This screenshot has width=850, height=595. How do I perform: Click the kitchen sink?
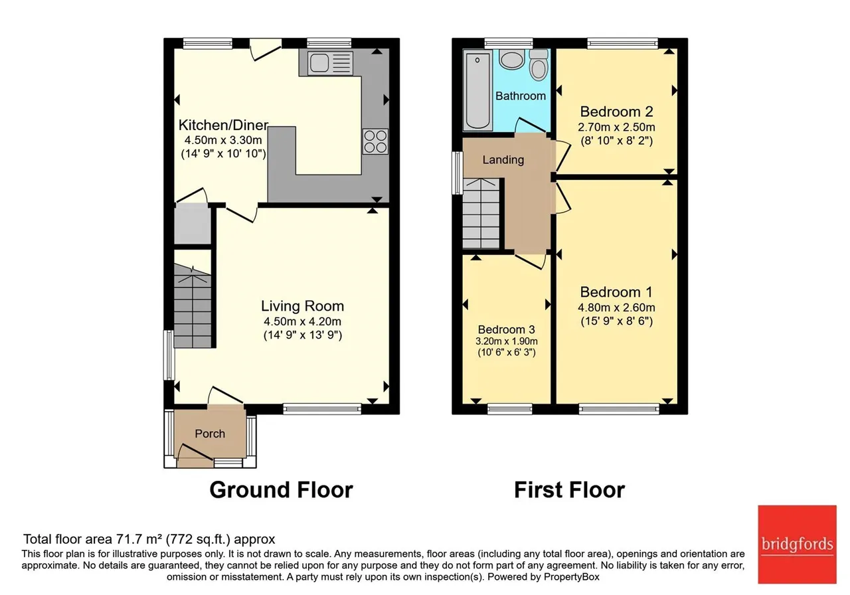point(331,62)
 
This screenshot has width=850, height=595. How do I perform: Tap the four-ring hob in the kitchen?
point(375,141)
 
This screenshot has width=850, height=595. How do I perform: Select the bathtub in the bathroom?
point(477,91)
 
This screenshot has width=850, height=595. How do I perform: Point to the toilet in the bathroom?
point(539,64)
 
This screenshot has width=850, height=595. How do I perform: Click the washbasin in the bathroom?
point(512,60)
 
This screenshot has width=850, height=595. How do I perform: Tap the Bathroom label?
point(521,96)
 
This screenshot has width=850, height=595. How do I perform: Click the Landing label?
point(503,160)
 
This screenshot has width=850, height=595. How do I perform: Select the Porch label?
point(210,434)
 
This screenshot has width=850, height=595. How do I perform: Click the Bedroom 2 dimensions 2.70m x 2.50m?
point(617,127)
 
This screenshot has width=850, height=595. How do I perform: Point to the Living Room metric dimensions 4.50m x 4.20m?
point(302,321)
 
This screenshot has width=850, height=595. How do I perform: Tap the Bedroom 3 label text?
point(506,329)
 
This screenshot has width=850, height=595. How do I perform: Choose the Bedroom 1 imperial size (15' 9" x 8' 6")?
point(617,321)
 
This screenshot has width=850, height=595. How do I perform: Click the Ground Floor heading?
point(281,489)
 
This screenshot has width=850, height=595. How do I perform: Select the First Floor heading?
point(569,489)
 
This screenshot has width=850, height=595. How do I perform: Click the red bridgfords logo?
point(798,544)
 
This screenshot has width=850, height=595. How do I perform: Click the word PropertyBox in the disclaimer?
point(572,577)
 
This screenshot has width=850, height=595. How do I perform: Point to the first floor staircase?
point(481,213)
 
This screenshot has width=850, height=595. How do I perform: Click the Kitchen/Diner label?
point(224,125)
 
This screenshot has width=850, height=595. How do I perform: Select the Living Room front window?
point(322,408)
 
